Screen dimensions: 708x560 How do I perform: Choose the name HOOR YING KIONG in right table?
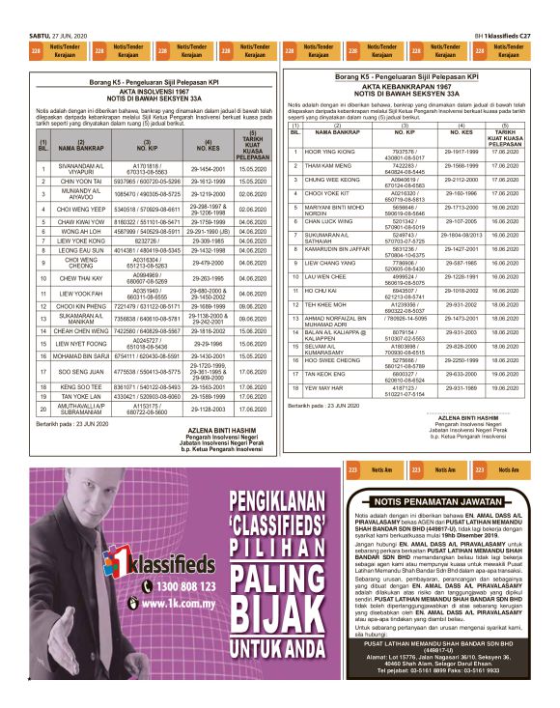click(328, 153)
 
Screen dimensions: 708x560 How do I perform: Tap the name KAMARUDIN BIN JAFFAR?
click(340, 248)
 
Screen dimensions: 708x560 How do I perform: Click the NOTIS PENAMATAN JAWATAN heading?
click(439, 502)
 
